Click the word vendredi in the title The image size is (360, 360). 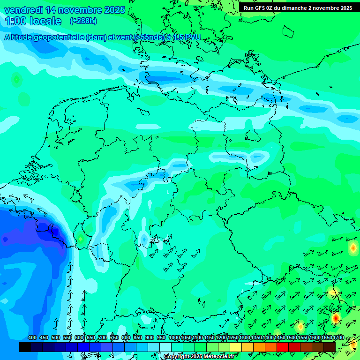pyautogui.click(x=23, y=10)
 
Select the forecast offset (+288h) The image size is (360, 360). pyautogui.click(x=83, y=21)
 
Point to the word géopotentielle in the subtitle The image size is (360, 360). pyautogui.click(x=61, y=37)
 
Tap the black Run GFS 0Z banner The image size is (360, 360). pyautogui.click(x=298, y=8)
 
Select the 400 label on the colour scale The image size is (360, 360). pyautogui.click(x=32, y=337)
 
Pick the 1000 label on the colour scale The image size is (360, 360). pyautogui.click(x=174, y=337)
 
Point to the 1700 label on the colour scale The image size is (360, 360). pyautogui.click(x=338, y=337)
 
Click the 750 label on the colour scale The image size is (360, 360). pyautogui.click(x=114, y=337)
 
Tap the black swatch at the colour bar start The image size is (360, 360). pyautogui.click(x=25, y=347)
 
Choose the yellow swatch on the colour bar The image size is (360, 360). pyautogui.click(x=236, y=347)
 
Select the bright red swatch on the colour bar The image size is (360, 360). pyautogui.click(x=283, y=347)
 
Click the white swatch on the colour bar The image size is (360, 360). pyautogui.click(x=165, y=347)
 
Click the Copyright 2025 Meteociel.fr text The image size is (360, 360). pyautogui.click(x=198, y=357)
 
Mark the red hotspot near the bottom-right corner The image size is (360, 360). pyautogui.click(x=336, y=318)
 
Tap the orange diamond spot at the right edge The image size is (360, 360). pyautogui.click(x=352, y=248)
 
